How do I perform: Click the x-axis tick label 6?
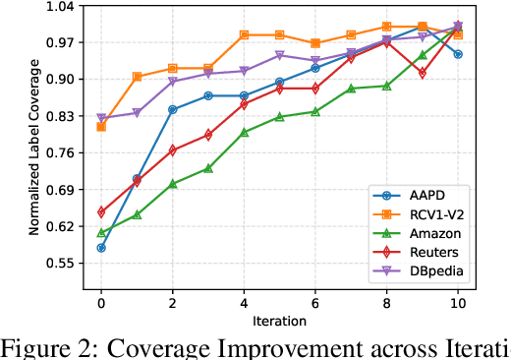tap(315, 303)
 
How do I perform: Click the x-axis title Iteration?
tap(279, 321)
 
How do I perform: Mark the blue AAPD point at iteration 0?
tap(101, 248)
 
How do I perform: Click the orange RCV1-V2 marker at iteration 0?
tap(101, 127)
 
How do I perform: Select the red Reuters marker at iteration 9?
tap(423, 74)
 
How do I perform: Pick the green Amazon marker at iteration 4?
tap(244, 132)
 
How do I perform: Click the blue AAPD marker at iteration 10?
tap(458, 54)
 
